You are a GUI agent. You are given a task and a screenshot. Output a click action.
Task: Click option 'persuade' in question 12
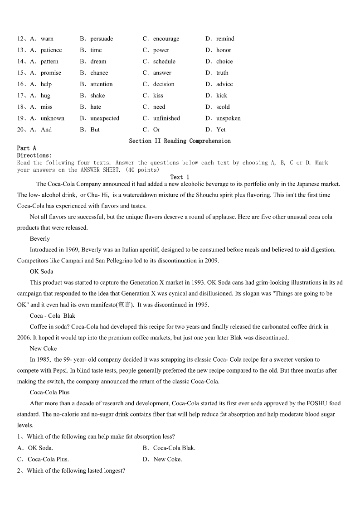point(102,39)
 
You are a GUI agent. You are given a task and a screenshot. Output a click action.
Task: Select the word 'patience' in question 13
point(51,50)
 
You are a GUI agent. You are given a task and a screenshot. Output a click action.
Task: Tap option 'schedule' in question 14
point(164,62)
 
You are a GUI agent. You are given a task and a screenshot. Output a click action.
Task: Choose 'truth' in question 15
point(222,73)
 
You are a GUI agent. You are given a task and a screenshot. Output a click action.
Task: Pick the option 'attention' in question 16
point(102,84)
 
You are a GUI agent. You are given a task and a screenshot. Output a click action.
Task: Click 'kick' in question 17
point(222,96)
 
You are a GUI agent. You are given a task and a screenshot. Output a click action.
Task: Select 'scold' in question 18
point(223,107)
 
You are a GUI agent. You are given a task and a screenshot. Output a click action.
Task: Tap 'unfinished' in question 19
point(166,118)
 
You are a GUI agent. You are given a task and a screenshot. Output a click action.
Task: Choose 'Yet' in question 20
point(221,130)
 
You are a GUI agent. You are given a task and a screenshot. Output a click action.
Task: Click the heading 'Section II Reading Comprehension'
point(180,141)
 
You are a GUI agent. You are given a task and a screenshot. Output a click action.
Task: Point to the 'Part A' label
point(26,148)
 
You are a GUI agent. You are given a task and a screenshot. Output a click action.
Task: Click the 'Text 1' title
point(180,177)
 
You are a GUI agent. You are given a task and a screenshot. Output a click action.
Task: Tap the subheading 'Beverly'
point(40,239)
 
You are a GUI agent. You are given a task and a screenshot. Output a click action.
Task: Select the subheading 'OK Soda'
point(42,271)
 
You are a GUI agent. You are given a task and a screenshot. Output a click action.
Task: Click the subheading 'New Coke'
point(44,349)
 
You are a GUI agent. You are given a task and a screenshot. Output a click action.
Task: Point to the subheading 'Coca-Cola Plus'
point(50,392)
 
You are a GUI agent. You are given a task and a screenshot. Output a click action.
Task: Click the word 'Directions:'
point(34,155)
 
